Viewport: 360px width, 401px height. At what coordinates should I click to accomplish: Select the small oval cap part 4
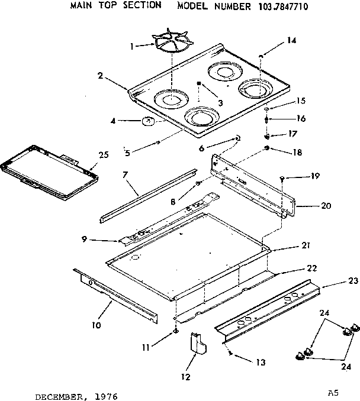coord(148,123)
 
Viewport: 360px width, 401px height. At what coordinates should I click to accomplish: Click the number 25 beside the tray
coord(104,154)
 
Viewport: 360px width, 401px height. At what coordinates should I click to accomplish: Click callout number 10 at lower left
coord(96,325)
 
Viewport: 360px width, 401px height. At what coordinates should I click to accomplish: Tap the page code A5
coord(333,391)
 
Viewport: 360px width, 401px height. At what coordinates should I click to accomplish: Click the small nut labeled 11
coord(176,332)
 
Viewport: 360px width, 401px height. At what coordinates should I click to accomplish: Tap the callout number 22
coord(294,269)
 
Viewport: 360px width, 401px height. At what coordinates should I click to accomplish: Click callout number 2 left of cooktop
coord(101,75)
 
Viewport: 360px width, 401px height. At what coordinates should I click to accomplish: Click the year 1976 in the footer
coord(92,392)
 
